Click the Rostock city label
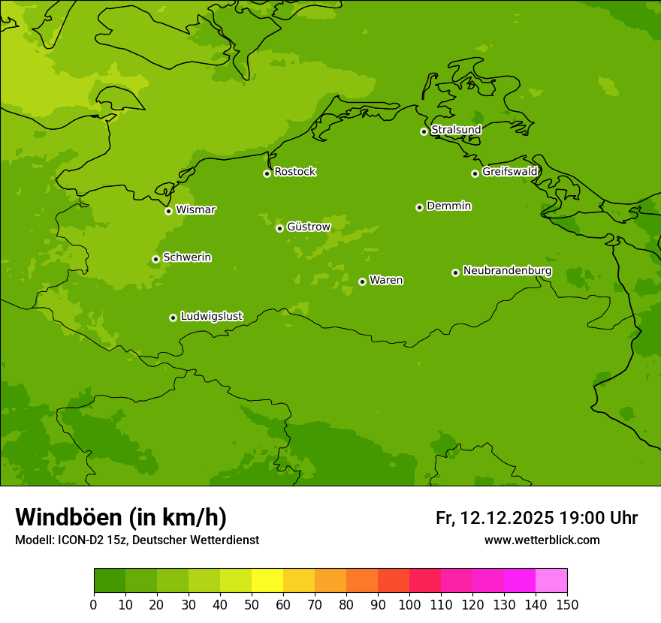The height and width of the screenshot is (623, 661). point(294,172)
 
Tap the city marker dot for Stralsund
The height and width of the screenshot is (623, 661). point(424,131)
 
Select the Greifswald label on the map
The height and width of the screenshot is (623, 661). point(509,172)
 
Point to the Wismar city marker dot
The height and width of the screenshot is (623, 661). point(169,211)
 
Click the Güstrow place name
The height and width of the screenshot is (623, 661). point(308,227)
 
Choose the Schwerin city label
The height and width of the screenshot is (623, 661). point(187,257)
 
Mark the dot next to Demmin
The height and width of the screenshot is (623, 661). point(419,207)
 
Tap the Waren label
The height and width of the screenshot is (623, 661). point(386,280)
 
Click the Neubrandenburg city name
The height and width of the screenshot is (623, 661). point(507,271)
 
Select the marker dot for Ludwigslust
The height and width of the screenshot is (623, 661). point(173,318)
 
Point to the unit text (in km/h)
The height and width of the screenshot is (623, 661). point(178,517)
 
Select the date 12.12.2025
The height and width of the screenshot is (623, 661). point(507,518)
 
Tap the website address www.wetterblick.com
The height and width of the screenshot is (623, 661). point(542,540)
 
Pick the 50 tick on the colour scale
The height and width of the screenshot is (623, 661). point(252,604)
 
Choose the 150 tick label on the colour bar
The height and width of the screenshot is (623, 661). point(567,604)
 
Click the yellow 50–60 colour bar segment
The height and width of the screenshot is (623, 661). point(267,581)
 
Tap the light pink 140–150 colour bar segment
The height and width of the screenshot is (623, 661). point(551,581)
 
